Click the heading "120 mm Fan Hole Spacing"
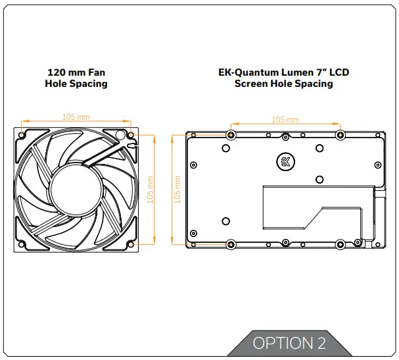[x=76, y=78]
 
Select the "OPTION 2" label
[x=289, y=343]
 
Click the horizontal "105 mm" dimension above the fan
[x=76, y=116]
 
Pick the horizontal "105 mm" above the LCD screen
[x=285, y=119]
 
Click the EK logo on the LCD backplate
[x=285, y=162]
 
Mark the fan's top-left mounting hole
[x=22, y=135]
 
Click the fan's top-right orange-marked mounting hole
[x=131, y=135]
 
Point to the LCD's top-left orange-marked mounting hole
[x=231, y=135]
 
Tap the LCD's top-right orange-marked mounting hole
[x=340, y=135]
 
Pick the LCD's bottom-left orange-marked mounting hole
[x=231, y=244]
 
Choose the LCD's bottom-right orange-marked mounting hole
[x=340, y=244]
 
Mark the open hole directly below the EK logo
[x=319, y=179]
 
